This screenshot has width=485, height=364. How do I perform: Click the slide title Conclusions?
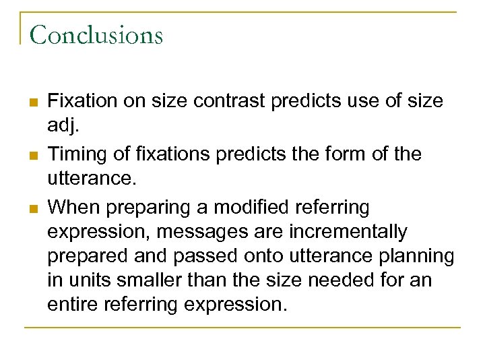pyautogui.click(x=96, y=35)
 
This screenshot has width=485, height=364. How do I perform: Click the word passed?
pyautogui.click(x=199, y=256)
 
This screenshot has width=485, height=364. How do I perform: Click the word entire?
pyautogui.click(x=73, y=304)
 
